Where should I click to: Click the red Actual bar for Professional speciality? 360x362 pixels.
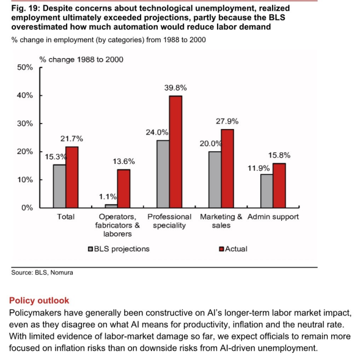click(175, 152)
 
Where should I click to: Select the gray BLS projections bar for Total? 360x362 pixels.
click(59, 187)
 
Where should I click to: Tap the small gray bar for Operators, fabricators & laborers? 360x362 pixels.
click(111, 206)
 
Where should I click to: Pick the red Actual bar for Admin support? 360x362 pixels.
click(279, 186)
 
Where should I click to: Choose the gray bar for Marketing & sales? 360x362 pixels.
click(215, 180)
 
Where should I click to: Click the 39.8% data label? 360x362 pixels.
click(175, 87)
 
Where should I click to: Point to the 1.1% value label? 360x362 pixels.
click(108, 197)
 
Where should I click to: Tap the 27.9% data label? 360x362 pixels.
click(227, 121)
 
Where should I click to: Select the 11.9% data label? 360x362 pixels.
click(259, 168)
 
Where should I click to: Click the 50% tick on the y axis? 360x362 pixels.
click(25, 67)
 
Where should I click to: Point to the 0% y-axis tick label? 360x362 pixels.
click(28, 208)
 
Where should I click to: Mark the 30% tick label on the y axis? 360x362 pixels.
click(25, 124)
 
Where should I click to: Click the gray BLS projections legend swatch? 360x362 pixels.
click(90, 249)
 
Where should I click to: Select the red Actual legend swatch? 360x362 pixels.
click(221, 249)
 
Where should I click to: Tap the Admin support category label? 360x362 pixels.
click(273, 217)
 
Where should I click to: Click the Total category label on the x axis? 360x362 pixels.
click(66, 216)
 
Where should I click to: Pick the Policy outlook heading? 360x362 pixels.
click(39, 300)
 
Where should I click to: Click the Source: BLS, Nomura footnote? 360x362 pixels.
click(42, 273)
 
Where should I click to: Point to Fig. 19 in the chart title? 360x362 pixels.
click(26, 9)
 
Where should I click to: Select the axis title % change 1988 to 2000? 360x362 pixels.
click(81, 59)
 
